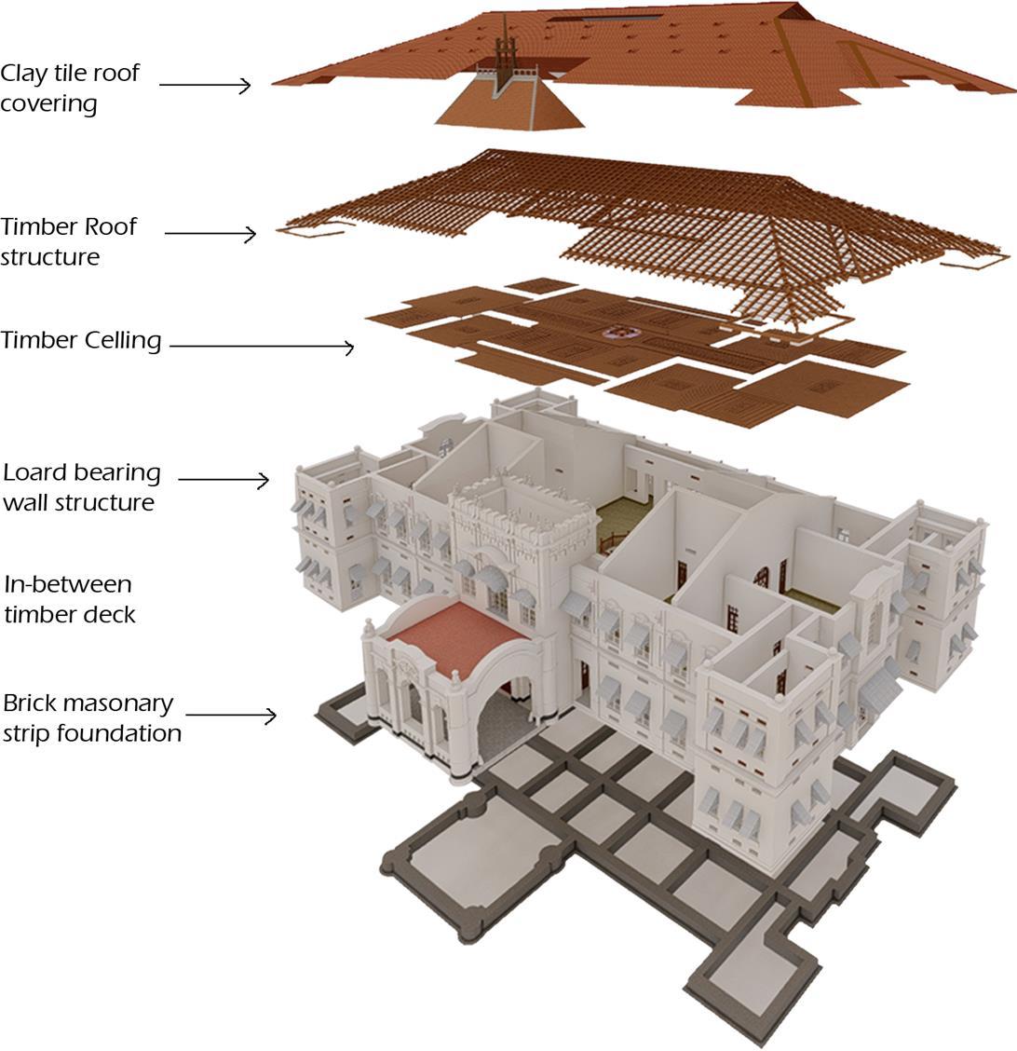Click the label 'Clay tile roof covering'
pos(69,88)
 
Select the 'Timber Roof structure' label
pos(68,241)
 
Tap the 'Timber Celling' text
pos(81,341)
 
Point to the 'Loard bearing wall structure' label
pos(81,487)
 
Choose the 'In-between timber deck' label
pos(69,599)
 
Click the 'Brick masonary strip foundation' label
pos(91,717)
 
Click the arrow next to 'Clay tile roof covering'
pos(205,86)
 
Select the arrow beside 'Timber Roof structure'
pos(210,233)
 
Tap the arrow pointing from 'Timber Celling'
pos(261,347)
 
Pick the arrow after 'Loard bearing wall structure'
pos(223,480)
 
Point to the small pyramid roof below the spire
pos(508,107)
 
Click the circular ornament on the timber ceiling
pos(616,331)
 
